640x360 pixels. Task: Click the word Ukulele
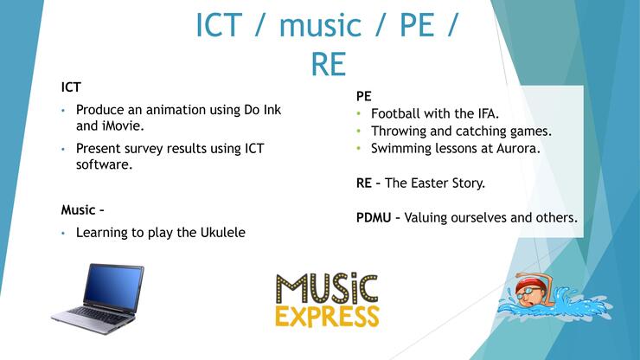223,233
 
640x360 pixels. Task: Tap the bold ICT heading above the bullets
71,87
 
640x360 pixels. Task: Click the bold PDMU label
374,217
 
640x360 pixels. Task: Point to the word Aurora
518,148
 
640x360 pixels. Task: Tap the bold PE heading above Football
363,96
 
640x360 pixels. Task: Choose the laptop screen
112,286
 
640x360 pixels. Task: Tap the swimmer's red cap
528,283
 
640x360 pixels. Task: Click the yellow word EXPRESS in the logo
327,316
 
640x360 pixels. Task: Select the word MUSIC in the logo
327,288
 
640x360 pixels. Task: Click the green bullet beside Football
359,113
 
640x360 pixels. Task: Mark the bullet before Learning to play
63,233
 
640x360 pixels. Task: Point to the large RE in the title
329,64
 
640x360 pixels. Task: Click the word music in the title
320,25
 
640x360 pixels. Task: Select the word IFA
488,113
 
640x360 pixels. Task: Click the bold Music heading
79,210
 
